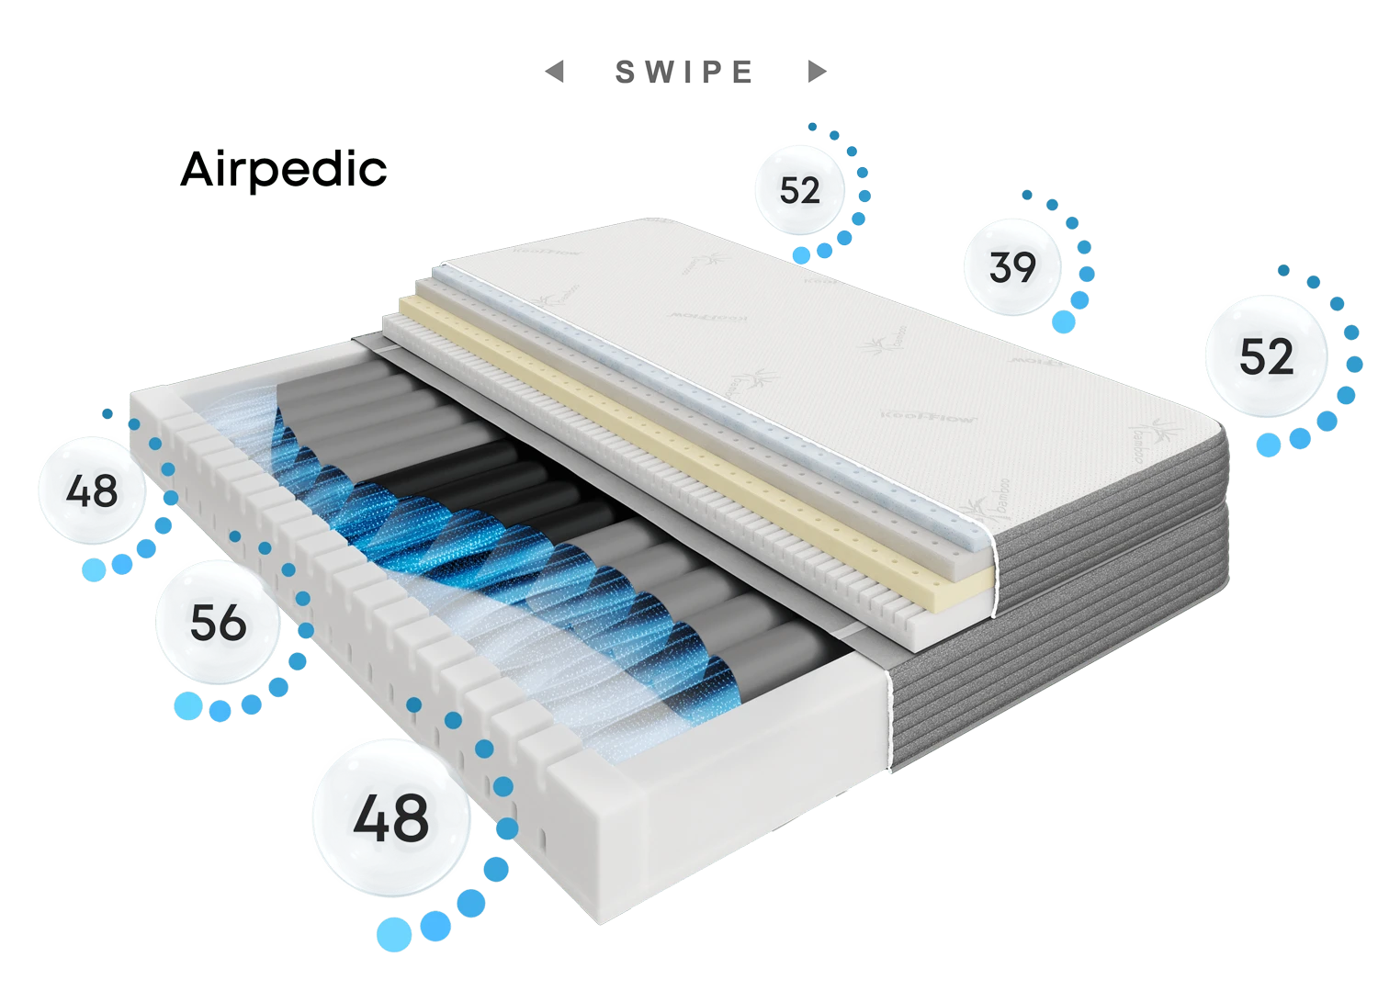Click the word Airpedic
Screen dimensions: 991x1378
[282, 170]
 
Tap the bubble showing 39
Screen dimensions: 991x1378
[1012, 265]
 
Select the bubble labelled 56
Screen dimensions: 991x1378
[217, 624]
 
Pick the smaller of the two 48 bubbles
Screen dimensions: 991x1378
[92, 491]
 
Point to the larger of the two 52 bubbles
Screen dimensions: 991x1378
[1266, 355]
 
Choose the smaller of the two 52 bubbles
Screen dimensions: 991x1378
[797, 190]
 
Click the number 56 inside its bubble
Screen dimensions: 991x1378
[218, 625]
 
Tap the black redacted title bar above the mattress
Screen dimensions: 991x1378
[689, 71]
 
